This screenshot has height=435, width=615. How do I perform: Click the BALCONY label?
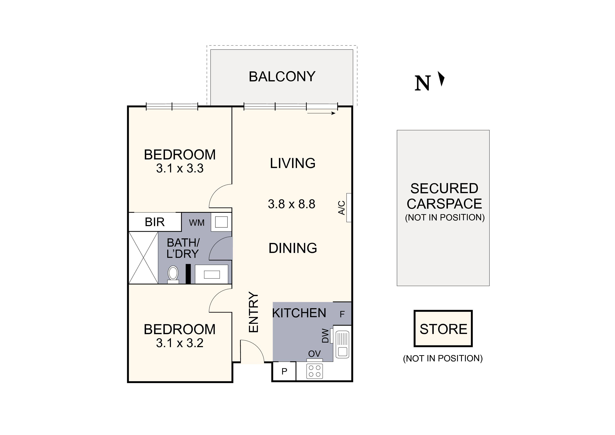tap(282, 77)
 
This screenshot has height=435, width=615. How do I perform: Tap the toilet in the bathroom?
tap(173, 274)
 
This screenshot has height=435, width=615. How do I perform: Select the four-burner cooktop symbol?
tap(315, 371)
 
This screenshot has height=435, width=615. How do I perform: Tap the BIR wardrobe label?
tap(155, 222)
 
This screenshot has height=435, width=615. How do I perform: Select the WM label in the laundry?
tap(197, 223)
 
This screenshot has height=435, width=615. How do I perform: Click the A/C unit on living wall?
tap(349, 208)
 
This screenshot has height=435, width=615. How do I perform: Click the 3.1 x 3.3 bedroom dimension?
tap(180, 169)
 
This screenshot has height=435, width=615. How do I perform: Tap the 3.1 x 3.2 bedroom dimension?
tap(180, 343)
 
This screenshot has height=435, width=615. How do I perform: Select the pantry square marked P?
tap(284, 371)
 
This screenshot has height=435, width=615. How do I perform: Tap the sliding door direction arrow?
tap(321, 113)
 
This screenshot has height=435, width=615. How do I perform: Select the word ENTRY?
tap(253, 312)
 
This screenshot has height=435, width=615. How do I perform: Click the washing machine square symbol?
tap(221, 222)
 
